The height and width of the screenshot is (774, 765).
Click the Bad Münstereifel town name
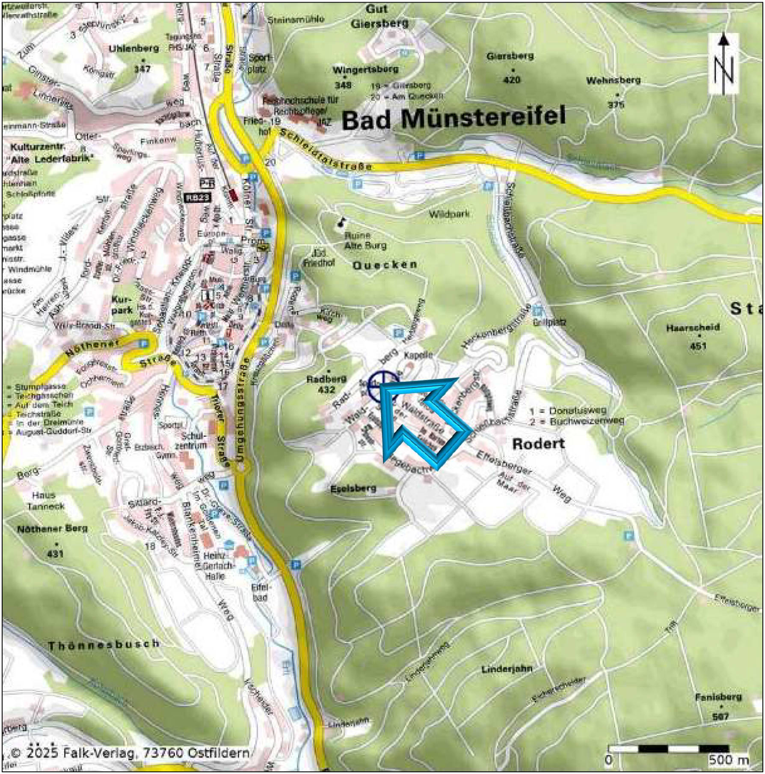click(x=454, y=118)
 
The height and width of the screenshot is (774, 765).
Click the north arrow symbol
click(x=723, y=64)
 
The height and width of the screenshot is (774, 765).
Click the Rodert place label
click(x=538, y=444)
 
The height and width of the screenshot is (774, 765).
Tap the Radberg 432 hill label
click(x=326, y=384)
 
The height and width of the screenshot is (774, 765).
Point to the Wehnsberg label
click(x=613, y=80)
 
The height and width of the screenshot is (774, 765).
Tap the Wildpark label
click(x=449, y=214)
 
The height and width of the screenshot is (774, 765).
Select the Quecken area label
click(x=385, y=265)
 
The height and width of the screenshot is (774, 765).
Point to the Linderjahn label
click(x=507, y=669)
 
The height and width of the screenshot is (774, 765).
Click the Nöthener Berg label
click(x=52, y=529)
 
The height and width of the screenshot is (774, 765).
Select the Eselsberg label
click(x=353, y=488)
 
